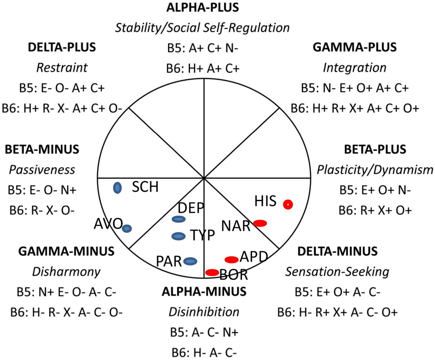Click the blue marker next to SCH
[118, 188]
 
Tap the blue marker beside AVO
[127, 228]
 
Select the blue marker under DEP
[178, 219]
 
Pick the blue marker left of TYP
[178, 236]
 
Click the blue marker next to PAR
[190, 261]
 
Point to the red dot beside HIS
[288, 204]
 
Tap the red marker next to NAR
[260, 223]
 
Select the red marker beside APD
[231, 259]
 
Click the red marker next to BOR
[212, 272]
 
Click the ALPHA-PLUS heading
[202, 7]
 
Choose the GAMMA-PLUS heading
[354, 47]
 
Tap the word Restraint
[62, 68]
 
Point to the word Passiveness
[42, 170]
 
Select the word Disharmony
[66, 272]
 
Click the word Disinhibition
[204, 312]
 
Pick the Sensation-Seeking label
[337, 272]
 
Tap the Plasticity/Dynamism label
[375, 170]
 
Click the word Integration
[354, 68]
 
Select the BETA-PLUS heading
[375, 149]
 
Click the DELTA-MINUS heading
[337, 251]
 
